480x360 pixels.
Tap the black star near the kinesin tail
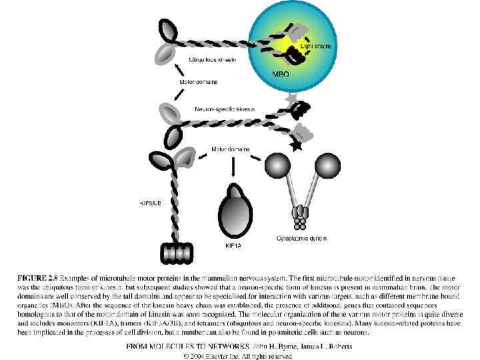click(x=296, y=145)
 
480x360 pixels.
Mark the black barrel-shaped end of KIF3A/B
click(x=175, y=253)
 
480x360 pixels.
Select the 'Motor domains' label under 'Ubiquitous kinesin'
click(x=199, y=83)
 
